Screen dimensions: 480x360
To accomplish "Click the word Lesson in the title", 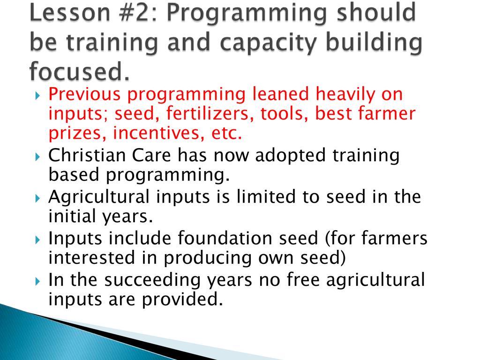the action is (x=70, y=12).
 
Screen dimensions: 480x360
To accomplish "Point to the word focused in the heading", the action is (x=79, y=71).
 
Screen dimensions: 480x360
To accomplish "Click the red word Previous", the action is (x=84, y=94).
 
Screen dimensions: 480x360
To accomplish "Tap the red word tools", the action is (x=284, y=113).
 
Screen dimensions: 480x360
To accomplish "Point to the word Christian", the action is (x=87, y=155).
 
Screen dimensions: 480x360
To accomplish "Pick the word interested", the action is (x=91, y=257).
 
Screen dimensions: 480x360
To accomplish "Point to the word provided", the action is (x=182, y=299).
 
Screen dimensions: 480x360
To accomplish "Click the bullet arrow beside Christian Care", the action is (x=37, y=157).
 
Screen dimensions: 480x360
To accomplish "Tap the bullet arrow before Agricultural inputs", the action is (x=37, y=198).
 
